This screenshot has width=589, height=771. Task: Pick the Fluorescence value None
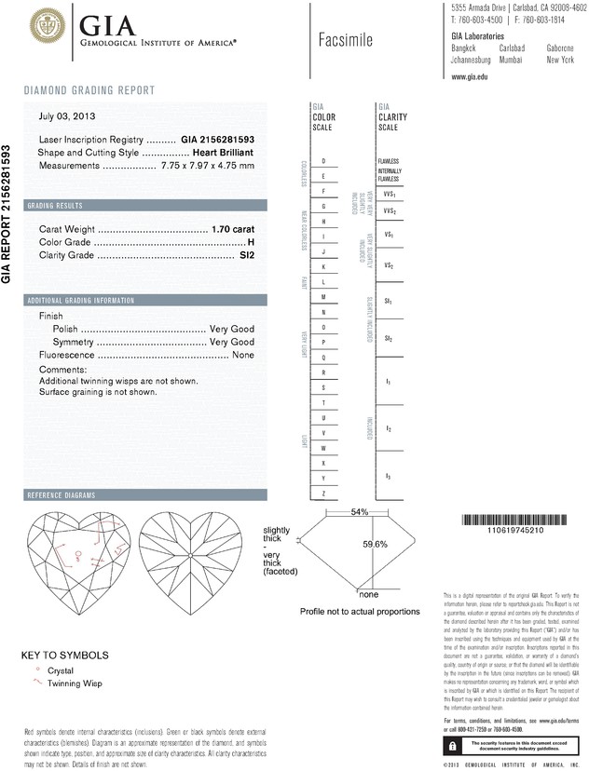tap(243, 355)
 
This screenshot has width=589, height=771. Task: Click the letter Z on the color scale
tap(322, 493)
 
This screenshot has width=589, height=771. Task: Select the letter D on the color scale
tap(322, 161)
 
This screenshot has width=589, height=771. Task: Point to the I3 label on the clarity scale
tap(388, 477)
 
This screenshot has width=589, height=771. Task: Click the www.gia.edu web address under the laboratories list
tap(470, 77)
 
